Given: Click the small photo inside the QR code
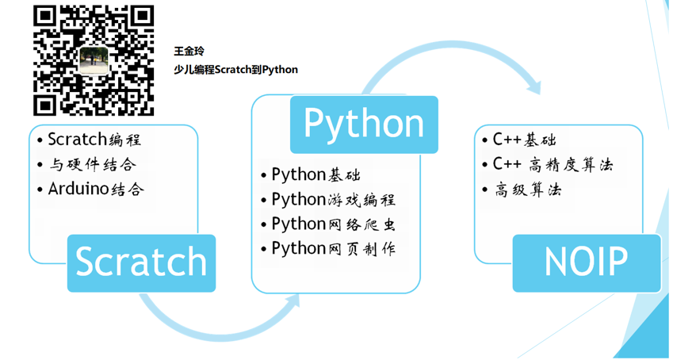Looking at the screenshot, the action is [94, 60].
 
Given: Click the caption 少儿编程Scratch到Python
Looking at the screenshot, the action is [235, 70].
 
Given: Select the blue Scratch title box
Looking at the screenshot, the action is [141, 263].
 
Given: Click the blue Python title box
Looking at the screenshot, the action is [364, 124].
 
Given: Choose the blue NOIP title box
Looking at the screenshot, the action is [587, 263].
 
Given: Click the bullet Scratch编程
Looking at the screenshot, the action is [90, 140].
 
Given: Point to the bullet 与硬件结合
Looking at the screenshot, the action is [87, 164].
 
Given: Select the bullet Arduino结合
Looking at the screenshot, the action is [90, 190].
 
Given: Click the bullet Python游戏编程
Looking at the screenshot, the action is [328, 200].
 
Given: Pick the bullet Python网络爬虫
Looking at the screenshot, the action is [328, 224].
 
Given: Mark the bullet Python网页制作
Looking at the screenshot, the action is [328, 248].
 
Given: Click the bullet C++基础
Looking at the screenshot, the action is [519, 140].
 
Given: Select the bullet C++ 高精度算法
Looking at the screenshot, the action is [548, 164].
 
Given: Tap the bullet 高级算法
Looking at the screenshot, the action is [522, 190].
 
